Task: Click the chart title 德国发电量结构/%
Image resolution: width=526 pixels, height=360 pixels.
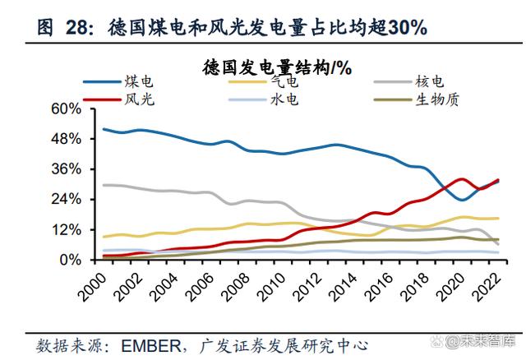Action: (277, 67)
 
